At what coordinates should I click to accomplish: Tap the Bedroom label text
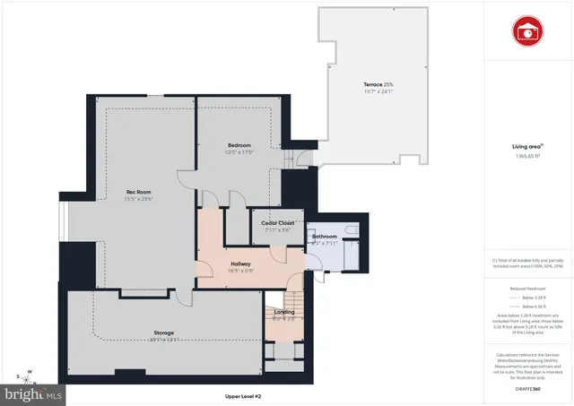click(x=239, y=145)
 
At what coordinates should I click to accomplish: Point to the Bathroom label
click(x=324, y=236)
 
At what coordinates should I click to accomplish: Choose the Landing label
click(x=284, y=312)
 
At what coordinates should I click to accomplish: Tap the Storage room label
click(x=162, y=333)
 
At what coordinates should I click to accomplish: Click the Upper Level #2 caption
click(x=242, y=396)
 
